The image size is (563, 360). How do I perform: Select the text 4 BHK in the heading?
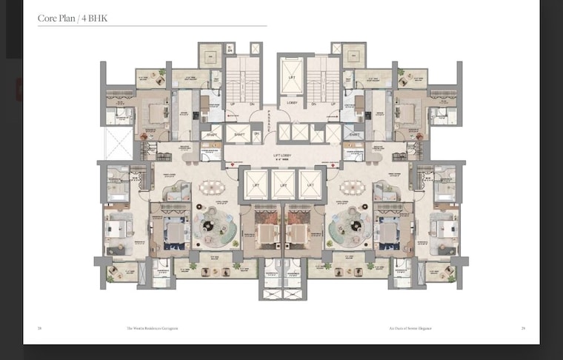tap(96, 19)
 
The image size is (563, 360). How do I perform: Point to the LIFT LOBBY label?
tap(282, 156)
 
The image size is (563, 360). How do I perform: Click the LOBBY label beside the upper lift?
tap(291, 102)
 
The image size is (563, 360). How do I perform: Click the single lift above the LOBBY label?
tap(291, 76)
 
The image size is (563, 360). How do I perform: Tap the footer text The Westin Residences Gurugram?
tap(153, 327)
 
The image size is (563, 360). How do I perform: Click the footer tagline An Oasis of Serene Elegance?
tap(410, 327)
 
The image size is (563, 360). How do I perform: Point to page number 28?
tap(40, 327)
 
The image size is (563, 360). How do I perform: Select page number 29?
tap(523, 327)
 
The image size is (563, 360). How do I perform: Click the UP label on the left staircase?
tap(230, 104)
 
